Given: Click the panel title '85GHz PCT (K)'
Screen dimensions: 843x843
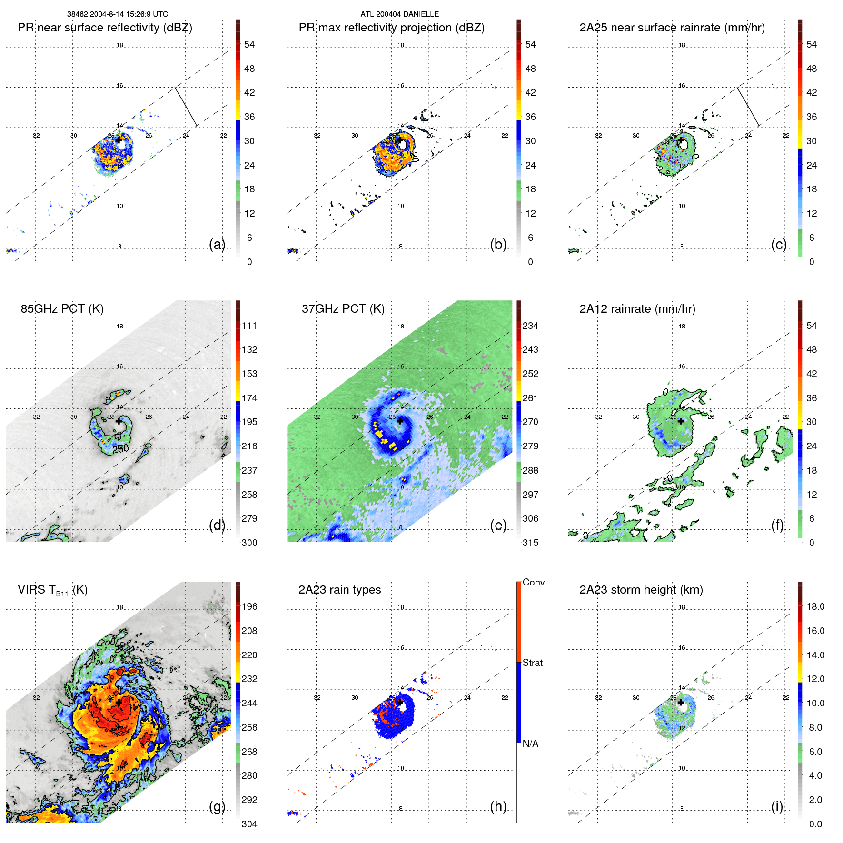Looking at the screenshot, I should pos(62,309).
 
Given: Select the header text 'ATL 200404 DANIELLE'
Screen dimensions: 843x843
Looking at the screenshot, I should pos(399,14).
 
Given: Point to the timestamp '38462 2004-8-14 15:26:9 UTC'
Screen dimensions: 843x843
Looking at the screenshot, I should pos(117,14).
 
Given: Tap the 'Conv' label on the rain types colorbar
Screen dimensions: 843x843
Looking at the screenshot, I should pos(533,582).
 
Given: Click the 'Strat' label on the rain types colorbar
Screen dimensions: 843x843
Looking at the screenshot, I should pos(532,663).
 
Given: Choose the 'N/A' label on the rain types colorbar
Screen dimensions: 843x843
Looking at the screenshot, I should pos(530,744).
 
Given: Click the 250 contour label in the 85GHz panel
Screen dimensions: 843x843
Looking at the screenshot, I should pos(120,448).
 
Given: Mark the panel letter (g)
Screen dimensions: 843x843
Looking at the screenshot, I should pos(217,806).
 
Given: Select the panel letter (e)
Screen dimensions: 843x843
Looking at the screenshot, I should pos(498,525).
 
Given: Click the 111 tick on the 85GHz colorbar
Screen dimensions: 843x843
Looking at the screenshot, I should pos(249,326).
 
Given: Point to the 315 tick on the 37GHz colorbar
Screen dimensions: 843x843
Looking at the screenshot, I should pos(530,543).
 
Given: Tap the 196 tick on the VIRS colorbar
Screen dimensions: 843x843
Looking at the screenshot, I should pos(249,606).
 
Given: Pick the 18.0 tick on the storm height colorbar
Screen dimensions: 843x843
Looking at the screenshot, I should pos(815,606).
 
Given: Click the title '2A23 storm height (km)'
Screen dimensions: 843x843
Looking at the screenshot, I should pos(641,590).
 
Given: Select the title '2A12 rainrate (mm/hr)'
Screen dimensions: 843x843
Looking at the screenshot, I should pos(637,309).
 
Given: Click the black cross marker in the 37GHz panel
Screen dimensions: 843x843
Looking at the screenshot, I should pos(400,421).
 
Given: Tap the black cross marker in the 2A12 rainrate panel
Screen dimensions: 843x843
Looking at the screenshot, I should pos(681,421).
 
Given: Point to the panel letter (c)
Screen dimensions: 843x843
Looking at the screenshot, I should pos(779,244).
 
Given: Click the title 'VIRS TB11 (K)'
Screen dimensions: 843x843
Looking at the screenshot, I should pos(52,590).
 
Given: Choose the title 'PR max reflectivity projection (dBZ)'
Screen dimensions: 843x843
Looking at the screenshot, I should pos(391,28).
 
